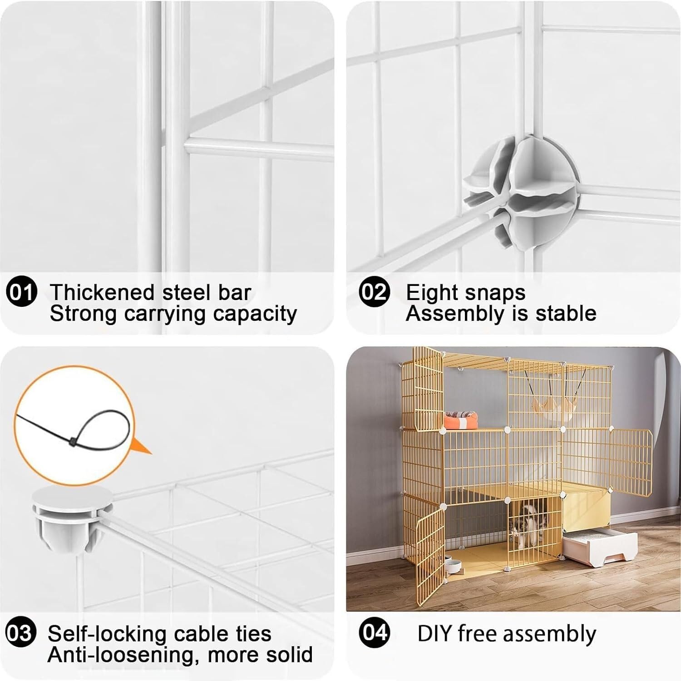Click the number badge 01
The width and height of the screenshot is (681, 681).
click(22, 291)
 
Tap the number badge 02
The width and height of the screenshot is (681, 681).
click(375, 291)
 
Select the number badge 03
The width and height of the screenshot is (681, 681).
click(20, 633)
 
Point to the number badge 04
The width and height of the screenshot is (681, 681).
click(374, 632)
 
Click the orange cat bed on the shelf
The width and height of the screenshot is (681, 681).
click(460, 419)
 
